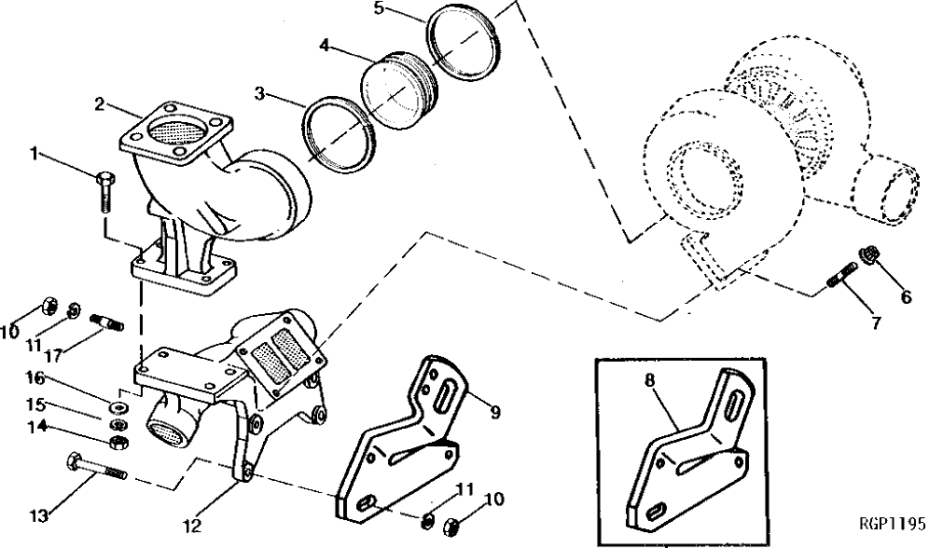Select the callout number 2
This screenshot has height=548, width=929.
[99, 103]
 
